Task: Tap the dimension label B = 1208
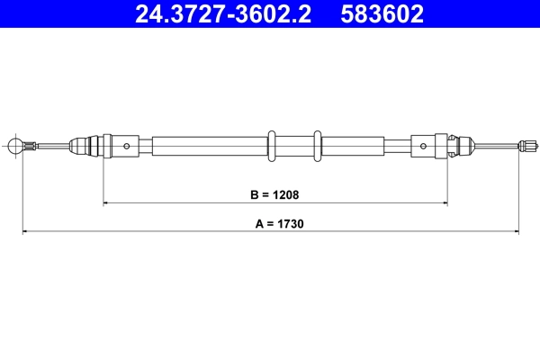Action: pyautogui.click(x=274, y=193)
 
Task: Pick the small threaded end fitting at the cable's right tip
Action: pyautogui.click(x=529, y=145)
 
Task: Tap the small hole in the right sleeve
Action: pyautogui.click(x=422, y=145)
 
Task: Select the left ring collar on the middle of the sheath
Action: pyautogui.click(x=272, y=145)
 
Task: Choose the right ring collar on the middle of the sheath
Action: pyautogui.click(x=317, y=145)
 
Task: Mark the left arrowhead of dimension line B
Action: pyautogui.click(x=107, y=203)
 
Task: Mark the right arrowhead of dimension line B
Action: pyautogui.click(x=444, y=203)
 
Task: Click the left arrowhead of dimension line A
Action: pyautogui.click(x=25, y=232)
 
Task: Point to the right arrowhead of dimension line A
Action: pyautogui.click(x=517, y=232)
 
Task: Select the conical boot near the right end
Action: pyautogui.click(x=461, y=145)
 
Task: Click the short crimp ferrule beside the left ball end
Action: pyautogui.click(x=31, y=145)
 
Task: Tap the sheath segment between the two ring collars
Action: pyautogui.click(x=294, y=145)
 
